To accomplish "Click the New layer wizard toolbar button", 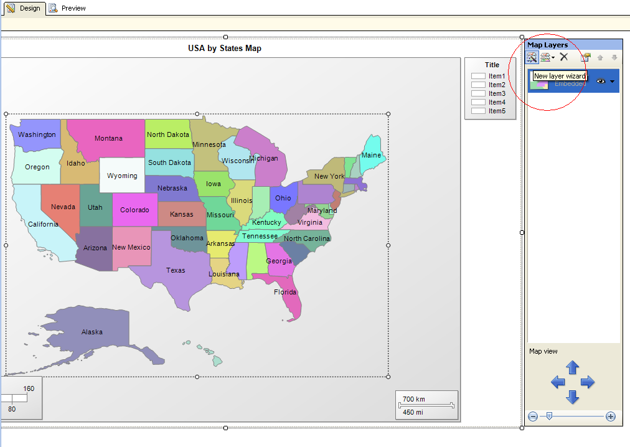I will coord(532,57).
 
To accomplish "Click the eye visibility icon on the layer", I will coord(601,81).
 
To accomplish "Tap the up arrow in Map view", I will coord(573,367).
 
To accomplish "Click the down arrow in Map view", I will coord(573,397).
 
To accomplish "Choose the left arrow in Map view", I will coord(558,382).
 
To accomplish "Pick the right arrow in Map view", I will coord(588,382).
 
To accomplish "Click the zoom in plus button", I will coord(611,416).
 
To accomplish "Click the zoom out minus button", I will coord(533,416).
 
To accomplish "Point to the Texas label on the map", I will coord(176,270).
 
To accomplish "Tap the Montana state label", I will coord(108,138).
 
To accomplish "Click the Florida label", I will coord(285,292).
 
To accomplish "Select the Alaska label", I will coord(92,332).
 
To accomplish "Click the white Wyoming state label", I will coord(122,176).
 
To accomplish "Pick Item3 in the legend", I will coord(497,93).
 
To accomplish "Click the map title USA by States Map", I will coord(225,48).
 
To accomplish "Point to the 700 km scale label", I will coord(414,398).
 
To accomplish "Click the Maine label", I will coord(371,155).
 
